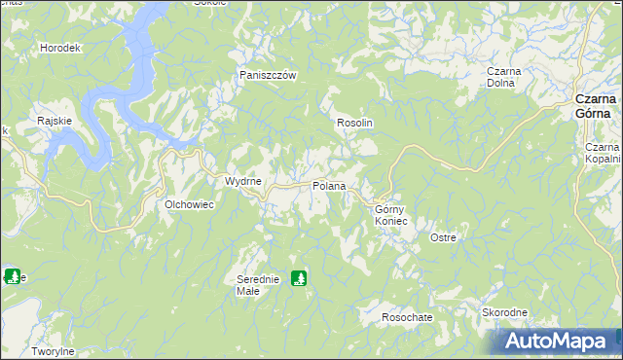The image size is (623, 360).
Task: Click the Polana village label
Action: [x=329, y=186]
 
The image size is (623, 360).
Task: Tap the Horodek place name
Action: [x=59, y=48]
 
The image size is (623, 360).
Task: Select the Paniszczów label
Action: [x=268, y=75]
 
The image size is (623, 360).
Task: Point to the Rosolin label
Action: [x=355, y=124]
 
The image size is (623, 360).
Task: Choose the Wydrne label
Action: [x=242, y=182]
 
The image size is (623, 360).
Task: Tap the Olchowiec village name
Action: [x=188, y=204]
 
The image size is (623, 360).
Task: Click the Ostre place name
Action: [x=443, y=237]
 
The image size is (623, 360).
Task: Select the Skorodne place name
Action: [x=504, y=312]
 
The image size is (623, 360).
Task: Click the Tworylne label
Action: [x=53, y=351]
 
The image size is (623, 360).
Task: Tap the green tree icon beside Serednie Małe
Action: [x=299, y=278]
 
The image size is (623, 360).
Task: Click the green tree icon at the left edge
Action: [x=11, y=276]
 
